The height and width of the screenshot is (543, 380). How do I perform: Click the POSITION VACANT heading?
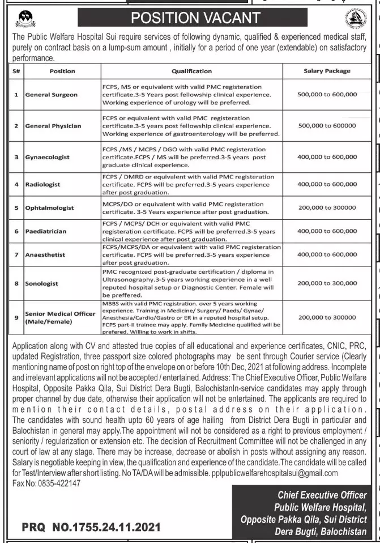(196, 18)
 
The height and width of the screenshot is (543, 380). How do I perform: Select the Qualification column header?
(191, 71)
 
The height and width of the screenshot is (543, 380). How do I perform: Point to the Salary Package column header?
(327, 71)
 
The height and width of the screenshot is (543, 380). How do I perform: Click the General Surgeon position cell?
(52, 95)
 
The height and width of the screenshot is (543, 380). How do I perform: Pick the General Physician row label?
(53, 126)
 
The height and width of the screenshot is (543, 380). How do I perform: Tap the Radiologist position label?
(43, 184)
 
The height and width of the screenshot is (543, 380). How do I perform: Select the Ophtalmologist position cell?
(50, 208)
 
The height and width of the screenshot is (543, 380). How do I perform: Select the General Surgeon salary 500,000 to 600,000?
(327, 95)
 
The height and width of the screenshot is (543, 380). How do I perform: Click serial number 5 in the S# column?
(16, 208)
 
